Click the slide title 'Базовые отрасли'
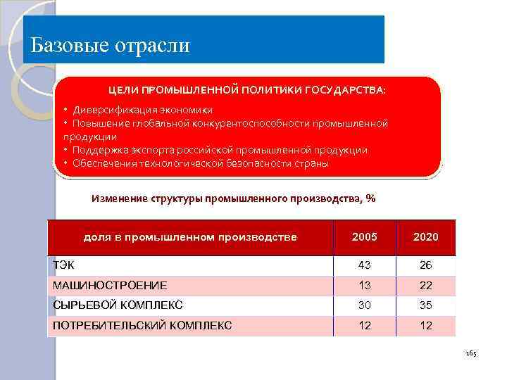111,46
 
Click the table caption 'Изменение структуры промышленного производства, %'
234,198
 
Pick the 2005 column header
364,237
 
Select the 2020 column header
426,237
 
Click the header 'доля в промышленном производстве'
190,237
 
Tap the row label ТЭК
64,265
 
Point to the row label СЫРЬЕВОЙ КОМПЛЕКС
118,305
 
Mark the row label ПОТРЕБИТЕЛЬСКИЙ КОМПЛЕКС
142,326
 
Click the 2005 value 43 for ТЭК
364,265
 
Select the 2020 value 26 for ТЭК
426,265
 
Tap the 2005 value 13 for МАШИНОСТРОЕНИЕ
364,285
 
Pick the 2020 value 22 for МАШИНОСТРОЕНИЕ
426,285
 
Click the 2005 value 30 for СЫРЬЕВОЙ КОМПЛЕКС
364,305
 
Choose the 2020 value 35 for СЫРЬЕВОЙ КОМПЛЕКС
426,305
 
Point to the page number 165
471,353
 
